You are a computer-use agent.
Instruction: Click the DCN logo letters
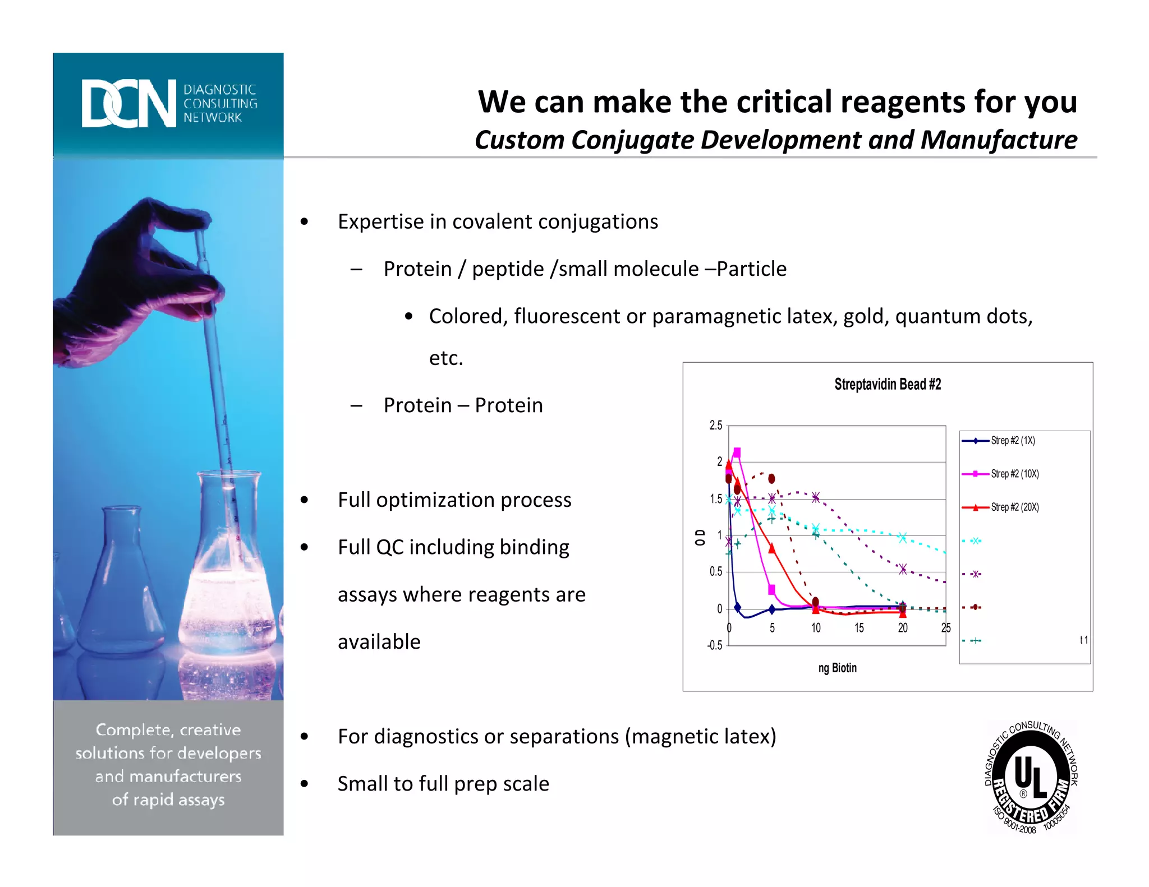point(128,103)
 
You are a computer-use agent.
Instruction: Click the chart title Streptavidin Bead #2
point(887,385)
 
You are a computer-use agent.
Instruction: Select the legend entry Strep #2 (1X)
point(1012,441)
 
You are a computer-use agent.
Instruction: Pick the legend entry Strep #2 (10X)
point(1014,474)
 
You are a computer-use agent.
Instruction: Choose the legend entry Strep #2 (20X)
point(1014,507)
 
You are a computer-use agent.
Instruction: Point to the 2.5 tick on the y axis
point(715,426)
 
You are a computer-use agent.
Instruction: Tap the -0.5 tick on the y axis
point(714,645)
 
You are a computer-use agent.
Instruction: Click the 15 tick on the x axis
point(859,628)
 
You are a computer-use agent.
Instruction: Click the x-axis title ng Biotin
point(837,668)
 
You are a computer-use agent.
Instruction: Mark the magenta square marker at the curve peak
point(737,452)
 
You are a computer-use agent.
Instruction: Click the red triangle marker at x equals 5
point(772,548)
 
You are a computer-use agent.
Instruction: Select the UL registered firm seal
point(1031,778)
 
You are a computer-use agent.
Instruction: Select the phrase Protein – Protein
point(463,405)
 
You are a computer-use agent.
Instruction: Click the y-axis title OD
point(700,537)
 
